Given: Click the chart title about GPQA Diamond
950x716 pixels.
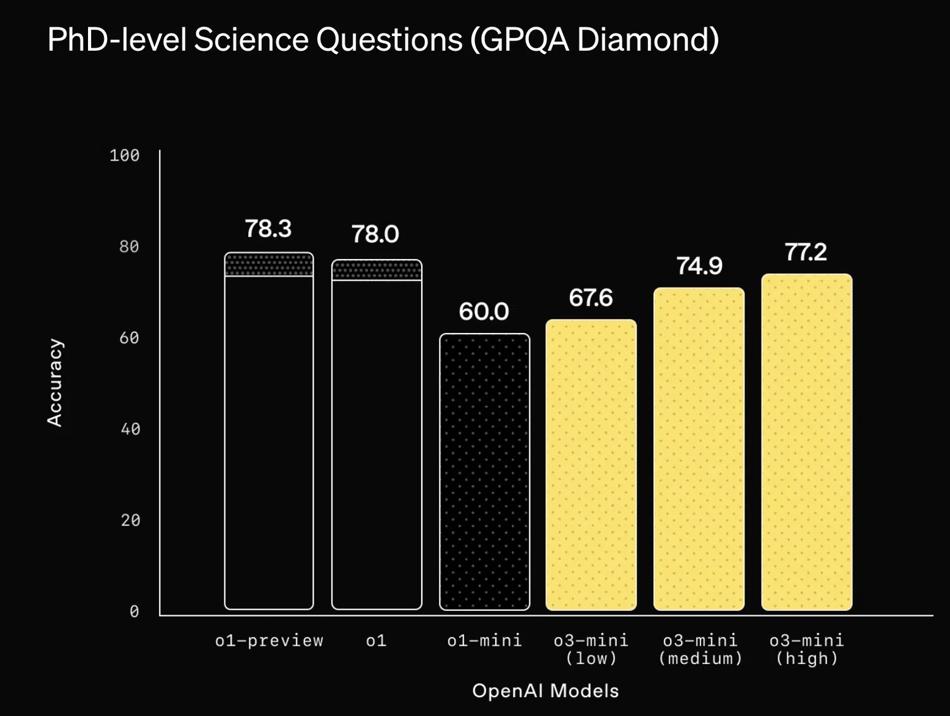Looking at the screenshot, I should [383, 39].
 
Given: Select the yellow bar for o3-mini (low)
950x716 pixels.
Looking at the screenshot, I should [591, 465].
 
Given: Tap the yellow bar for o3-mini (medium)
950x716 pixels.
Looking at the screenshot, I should [699, 449].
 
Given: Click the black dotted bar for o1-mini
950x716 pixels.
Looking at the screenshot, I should [484, 472].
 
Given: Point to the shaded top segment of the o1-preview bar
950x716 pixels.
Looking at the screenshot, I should [269, 265].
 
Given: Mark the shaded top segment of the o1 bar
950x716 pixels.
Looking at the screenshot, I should [377, 270].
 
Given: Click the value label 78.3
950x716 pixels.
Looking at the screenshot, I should [268, 229].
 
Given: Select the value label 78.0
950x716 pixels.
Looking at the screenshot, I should [376, 234].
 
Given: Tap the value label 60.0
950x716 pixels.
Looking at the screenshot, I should [484, 311].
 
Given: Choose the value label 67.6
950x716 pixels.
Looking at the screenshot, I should [591, 298].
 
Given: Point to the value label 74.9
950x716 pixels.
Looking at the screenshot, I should [699, 266].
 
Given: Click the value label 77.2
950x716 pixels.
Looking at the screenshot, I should [806, 252].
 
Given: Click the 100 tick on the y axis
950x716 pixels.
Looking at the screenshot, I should [124, 156].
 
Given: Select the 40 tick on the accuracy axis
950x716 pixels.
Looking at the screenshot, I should [130, 429].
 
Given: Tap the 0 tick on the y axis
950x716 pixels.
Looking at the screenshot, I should [134, 612].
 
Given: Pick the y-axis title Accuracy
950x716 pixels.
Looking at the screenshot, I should [55, 382].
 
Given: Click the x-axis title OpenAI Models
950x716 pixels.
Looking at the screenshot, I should [545, 691].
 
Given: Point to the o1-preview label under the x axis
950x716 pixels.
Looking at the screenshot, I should [269, 641].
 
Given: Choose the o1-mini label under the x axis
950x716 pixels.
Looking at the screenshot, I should [484, 641].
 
